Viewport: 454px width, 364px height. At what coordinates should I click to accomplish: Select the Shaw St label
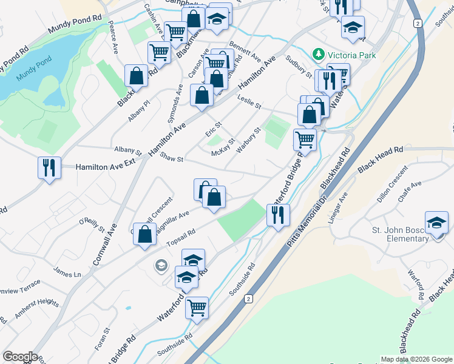pos(172,157)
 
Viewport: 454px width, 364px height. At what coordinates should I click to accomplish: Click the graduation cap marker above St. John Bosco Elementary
pos(436,223)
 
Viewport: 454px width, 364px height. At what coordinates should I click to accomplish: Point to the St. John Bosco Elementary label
pos(401,234)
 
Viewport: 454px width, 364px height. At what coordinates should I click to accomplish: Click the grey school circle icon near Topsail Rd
pos(161,265)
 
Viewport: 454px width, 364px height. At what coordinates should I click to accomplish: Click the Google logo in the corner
pos(19,357)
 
